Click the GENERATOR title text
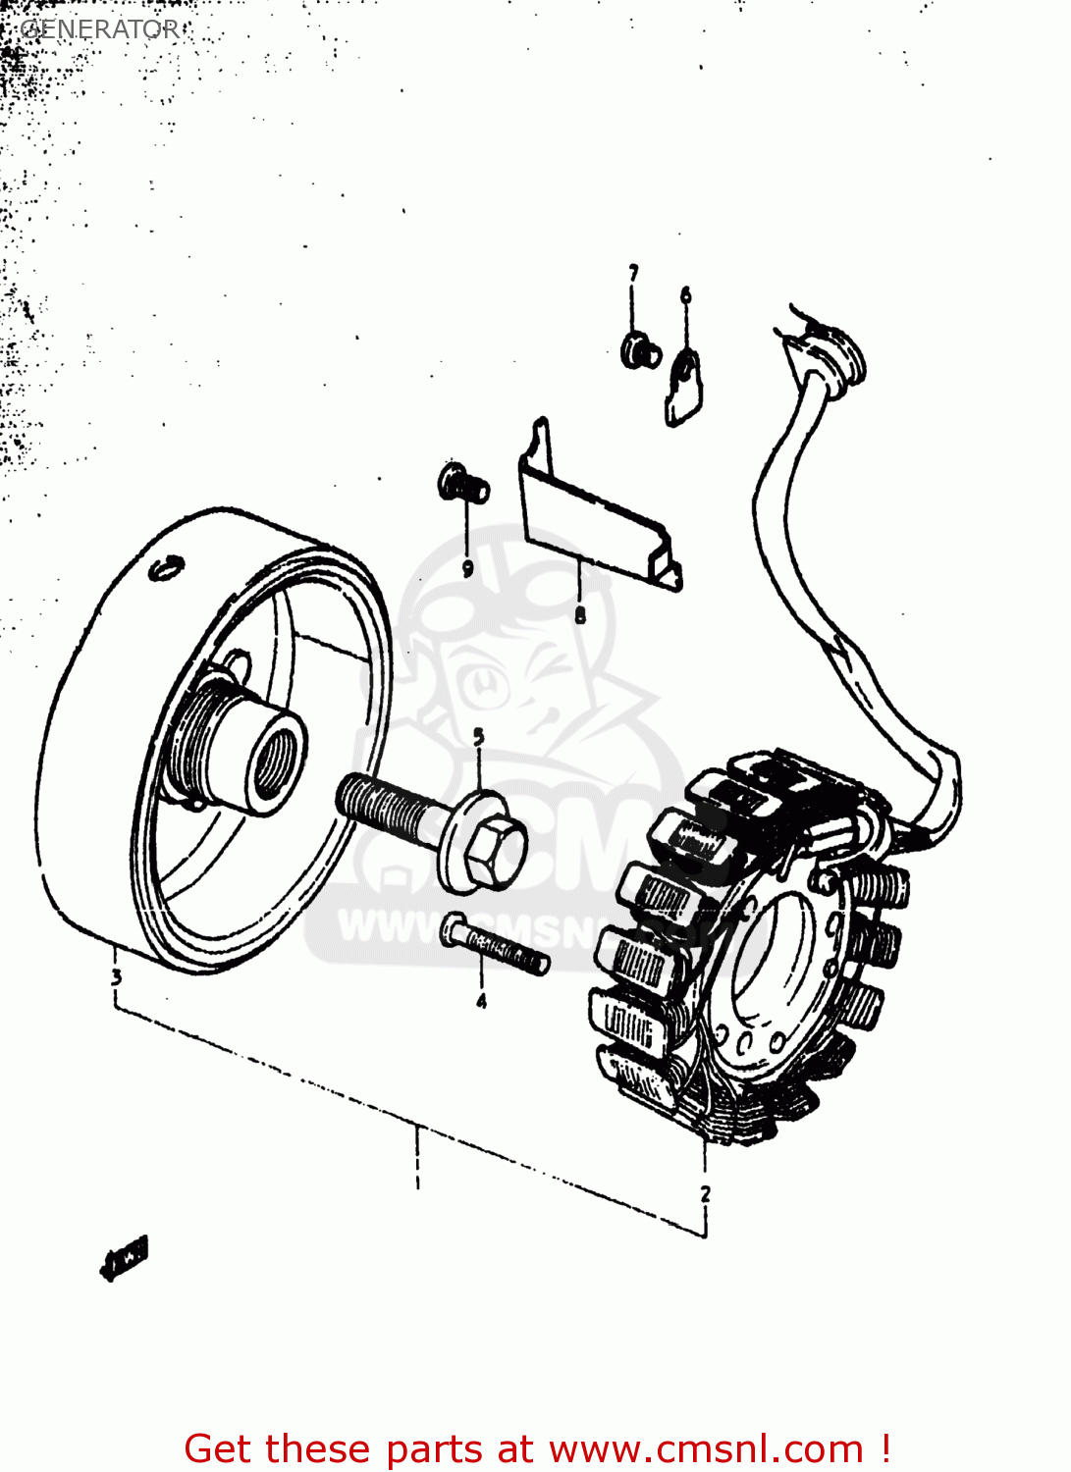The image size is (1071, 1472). (100, 29)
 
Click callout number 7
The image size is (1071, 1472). (633, 274)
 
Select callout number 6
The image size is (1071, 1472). (685, 295)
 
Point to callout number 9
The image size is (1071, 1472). (467, 568)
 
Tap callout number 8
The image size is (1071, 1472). (580, 615)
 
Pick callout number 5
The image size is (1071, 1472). (478, 737)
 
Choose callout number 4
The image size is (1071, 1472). (481, 1002)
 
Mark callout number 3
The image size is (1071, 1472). (116, 976)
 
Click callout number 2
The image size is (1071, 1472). (705, 1194)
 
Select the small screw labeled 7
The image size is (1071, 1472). (640, 350)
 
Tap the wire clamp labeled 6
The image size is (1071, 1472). (684, 387)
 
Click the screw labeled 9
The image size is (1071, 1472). (462, 484)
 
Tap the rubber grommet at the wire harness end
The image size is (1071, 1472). (835, 353)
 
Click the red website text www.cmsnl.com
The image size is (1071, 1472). (706, 1448)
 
